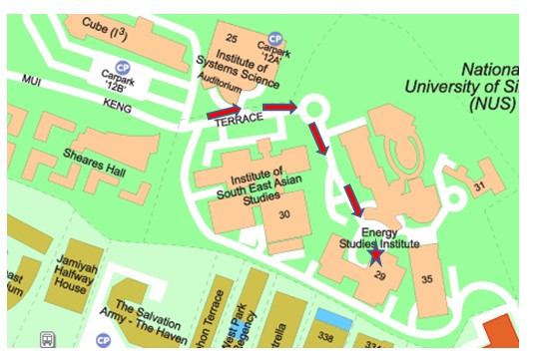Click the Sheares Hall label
tap(95, 164)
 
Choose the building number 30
tap(284, 214)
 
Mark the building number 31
tap(478, 186)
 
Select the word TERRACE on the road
tap(241, 118)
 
